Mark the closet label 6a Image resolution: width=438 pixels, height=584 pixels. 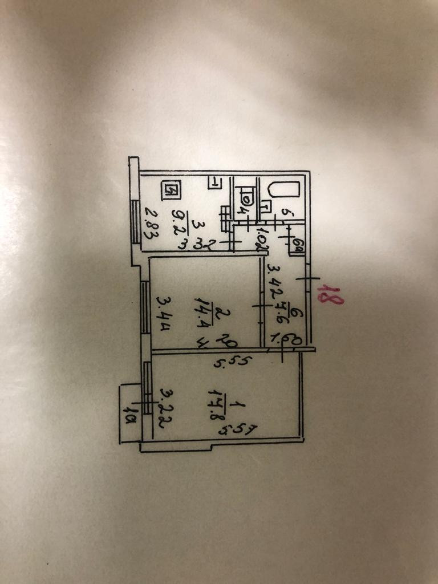pos(297,247)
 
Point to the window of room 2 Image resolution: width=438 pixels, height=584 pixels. pos(145,313)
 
